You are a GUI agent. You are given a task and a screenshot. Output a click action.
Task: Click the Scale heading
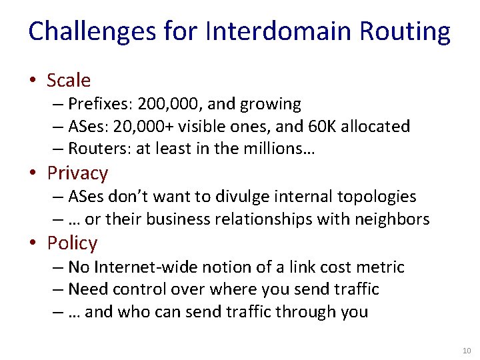click(69, 81)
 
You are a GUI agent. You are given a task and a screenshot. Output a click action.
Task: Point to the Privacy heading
click(77, 173)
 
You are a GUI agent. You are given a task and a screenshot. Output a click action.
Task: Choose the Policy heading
click(72, 243)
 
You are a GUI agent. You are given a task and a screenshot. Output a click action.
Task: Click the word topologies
click(375, 197)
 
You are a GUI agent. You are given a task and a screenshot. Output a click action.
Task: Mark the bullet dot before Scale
click(33, 81)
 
